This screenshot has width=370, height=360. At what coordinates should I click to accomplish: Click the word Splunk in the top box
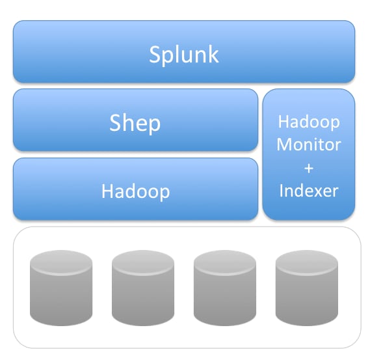(184, 55)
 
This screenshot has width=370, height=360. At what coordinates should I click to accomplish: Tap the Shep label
(135, 124)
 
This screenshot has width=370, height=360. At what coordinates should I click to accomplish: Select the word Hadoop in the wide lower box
(135, 191)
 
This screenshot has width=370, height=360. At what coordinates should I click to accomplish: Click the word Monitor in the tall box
(309, 145)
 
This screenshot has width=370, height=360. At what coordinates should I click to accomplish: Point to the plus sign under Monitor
(309, 169)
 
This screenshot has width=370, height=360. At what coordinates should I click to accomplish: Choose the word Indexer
(309, 191)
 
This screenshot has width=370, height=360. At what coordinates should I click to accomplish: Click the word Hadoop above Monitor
(309, 122)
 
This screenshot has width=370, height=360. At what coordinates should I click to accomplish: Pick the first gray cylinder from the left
(61, 288)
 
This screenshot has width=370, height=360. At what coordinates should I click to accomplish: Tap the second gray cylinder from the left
(143, 288)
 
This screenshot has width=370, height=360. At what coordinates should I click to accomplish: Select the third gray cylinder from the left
(225, 288)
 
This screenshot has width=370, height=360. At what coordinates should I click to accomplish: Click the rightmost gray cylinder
(307, 288)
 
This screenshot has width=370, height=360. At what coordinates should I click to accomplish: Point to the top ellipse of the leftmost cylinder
(61, 262)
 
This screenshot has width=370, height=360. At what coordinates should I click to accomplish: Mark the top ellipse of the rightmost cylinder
(307, 262)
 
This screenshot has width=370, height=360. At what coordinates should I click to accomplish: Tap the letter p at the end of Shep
(154, 126)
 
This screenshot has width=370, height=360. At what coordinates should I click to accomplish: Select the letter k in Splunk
(213, 54)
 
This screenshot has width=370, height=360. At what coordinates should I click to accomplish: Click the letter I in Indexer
(281, 191)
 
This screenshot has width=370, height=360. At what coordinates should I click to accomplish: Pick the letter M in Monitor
(284, 145)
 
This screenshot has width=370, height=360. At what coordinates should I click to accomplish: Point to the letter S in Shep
(115, 122)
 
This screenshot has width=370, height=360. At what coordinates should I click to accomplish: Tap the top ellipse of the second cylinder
(143, 262)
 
